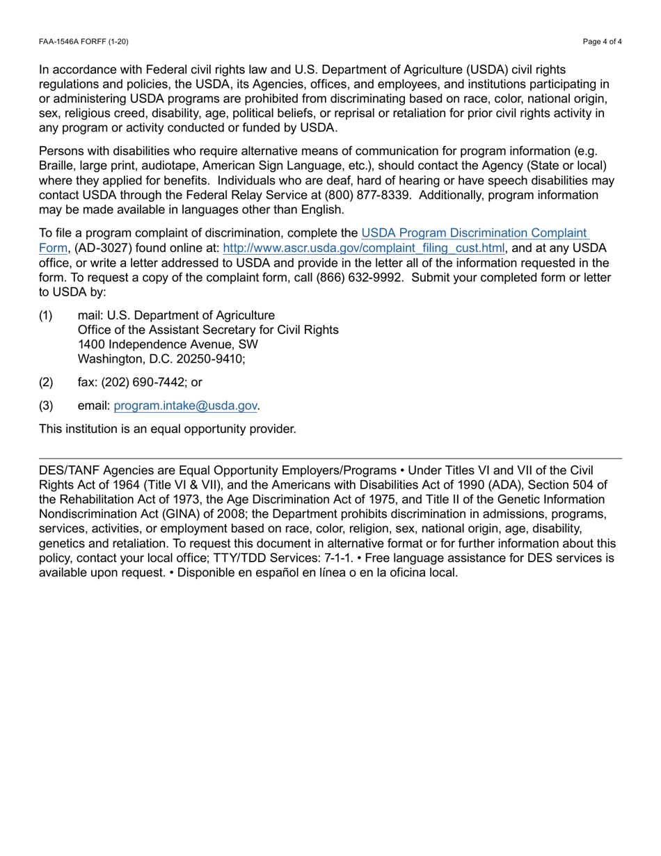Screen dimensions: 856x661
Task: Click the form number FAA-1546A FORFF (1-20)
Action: tap(83, 42)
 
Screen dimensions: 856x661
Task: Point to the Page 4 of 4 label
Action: tap(603, 42)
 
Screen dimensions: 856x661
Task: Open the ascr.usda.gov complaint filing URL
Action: tap(364, 248)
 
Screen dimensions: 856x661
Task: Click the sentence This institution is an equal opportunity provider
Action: tap(168, 429)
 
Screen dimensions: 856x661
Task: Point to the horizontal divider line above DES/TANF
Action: tap(330, 459)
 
